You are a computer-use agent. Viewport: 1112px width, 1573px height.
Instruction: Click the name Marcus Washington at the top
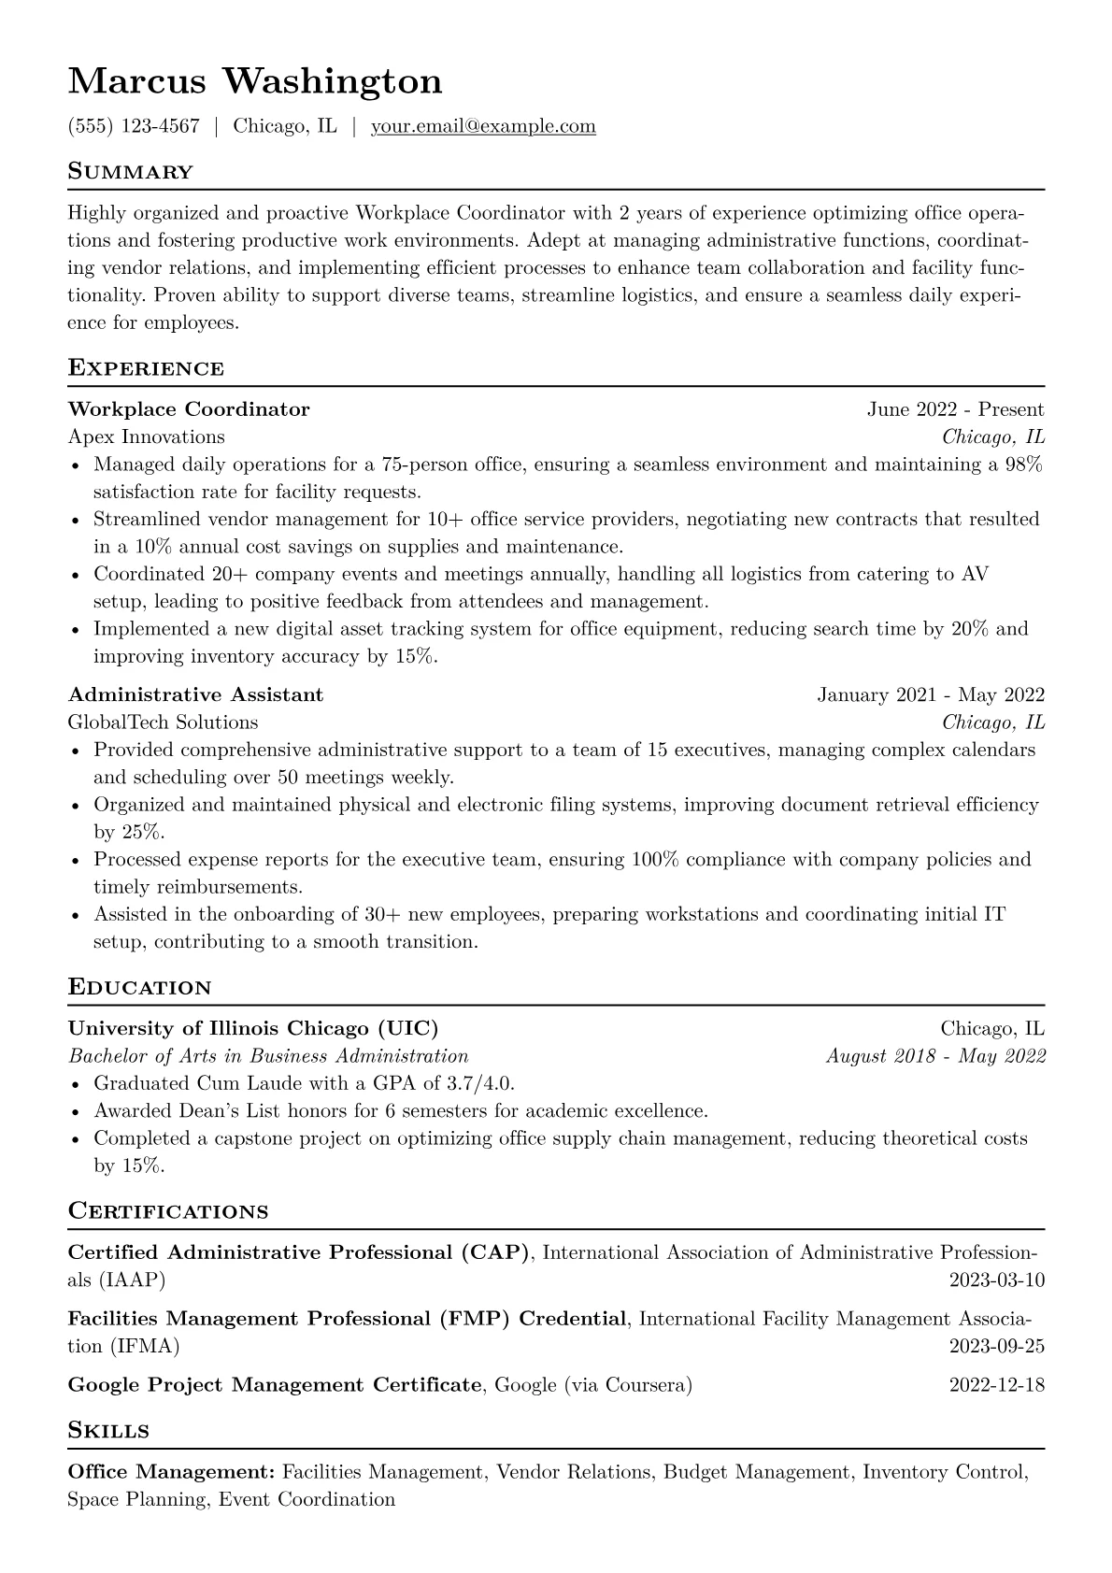coord(255,82)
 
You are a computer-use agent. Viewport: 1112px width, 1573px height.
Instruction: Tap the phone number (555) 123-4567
coord(134,126)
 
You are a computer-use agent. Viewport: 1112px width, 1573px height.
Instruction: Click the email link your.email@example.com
coord(483,126)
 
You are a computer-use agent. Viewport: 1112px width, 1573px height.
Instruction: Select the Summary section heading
coord(131,172)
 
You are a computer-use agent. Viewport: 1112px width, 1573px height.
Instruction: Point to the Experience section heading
coord(146,368)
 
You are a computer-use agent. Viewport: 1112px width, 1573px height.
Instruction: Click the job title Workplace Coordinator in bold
coord(189,409)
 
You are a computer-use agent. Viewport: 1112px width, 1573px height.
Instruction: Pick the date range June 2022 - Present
coord(955,409)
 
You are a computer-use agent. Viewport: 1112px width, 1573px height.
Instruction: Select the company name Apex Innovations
coord(147,436)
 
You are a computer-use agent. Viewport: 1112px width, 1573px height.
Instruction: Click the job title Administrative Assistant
coord(195,694)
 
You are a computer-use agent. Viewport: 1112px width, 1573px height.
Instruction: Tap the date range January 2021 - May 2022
coord(931,694)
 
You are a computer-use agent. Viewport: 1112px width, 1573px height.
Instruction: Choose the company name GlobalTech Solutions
coord(164,722)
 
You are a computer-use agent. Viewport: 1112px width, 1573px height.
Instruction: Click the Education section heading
coord(140,988)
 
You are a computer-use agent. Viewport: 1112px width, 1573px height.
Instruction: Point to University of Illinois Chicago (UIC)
coord(253,1029)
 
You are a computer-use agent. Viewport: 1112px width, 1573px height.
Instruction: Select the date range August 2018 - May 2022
coord(935,1056)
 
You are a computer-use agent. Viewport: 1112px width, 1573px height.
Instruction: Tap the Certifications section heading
coord(168,1212)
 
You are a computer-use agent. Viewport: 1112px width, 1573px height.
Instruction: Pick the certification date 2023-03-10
coord(996,1280)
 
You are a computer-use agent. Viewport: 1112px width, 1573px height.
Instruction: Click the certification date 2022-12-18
coord(996,1385)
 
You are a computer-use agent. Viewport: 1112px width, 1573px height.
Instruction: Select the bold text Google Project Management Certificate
coord(275,1385)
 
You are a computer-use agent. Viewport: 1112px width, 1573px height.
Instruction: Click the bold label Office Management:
coord(171,1473)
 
